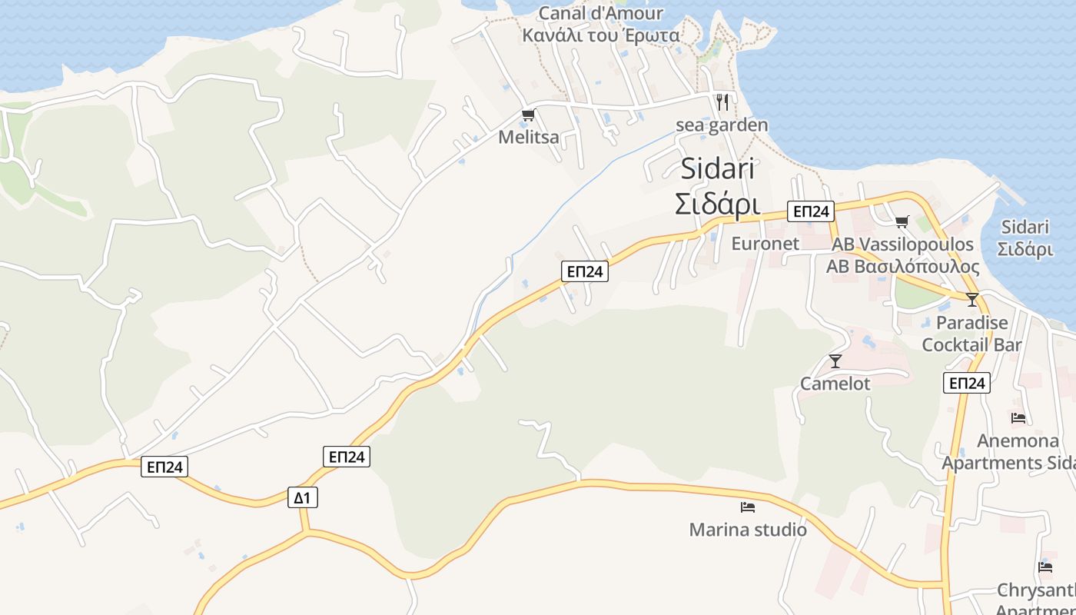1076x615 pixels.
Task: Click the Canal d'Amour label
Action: tap(600, 13)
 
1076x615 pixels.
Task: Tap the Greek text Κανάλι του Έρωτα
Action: tap(600, 35)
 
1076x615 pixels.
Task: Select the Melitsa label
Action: tap(528, 138)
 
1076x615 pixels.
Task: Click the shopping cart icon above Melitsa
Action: tap(528, 115)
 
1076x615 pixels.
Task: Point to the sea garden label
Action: tap(722, 125)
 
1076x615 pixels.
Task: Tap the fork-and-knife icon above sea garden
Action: tap(722, 101)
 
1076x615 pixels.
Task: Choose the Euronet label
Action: tap(765, 244)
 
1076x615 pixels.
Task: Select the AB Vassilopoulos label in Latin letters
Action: tap(902, 244)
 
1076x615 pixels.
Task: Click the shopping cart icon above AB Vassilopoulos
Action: tap(902, 222)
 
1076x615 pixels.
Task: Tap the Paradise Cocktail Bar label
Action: tap(971, 334)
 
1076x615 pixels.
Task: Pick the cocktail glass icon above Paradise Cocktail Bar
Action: tap(972, 300)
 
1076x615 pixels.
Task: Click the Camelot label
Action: tap(835, 384)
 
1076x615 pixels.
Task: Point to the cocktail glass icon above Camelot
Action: tap(835, 361)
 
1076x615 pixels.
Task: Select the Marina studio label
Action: tap(748, 530)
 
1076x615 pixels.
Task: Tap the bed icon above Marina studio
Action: tap(748, 507)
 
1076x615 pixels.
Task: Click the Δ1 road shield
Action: tap(303, 497)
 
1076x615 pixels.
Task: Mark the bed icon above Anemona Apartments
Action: tap(1018, 418)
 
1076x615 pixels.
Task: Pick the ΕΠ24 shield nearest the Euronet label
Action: tap(810, 211)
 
